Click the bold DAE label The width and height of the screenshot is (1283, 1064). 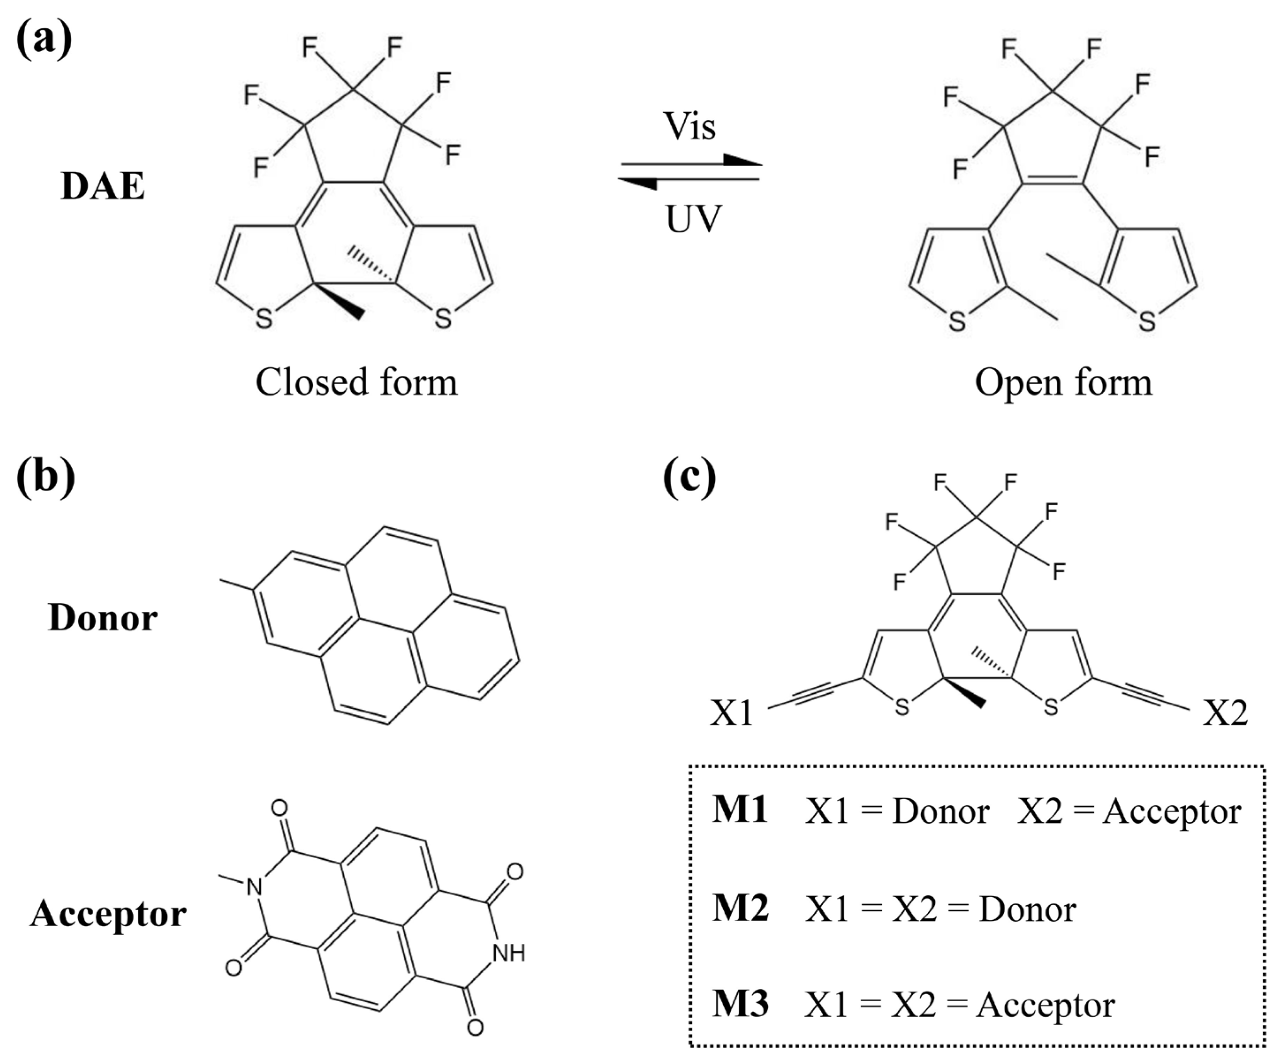pos(102,186)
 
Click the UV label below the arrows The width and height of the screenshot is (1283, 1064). pos(694,219)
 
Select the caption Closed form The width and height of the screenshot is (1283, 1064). pos(356,383)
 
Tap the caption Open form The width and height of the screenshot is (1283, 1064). pos(1063,383)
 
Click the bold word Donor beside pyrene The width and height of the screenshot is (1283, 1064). pos(102,618)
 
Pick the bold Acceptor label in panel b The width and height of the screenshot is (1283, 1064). pos(108,914)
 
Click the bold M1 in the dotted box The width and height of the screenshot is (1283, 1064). pos(739,810)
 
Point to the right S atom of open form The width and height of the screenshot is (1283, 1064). pos(1147,321)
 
